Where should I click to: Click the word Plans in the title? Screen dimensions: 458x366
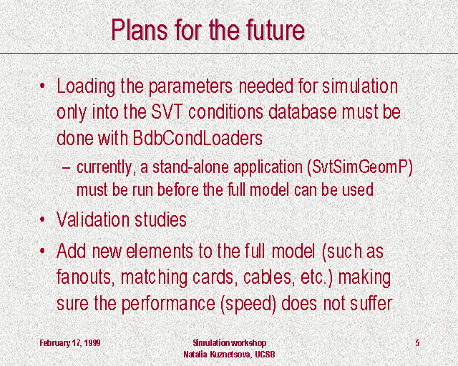click(x=140, y=30)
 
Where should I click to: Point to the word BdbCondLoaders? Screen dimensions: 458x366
click(x=198, y=138)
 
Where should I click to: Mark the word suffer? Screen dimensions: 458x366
click(x=371, y=303)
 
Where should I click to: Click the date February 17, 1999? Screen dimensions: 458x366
click(x=70, y=342)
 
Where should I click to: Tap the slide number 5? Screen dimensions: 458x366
click(x=417, y=342)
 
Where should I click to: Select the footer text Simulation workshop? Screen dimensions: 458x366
click(x=229, y=342)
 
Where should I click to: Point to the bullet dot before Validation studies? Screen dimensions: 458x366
click(x=43, y=219)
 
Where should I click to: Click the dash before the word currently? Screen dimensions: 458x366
click(x=67, y=168)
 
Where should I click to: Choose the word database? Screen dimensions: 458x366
click(x=302, y=112)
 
